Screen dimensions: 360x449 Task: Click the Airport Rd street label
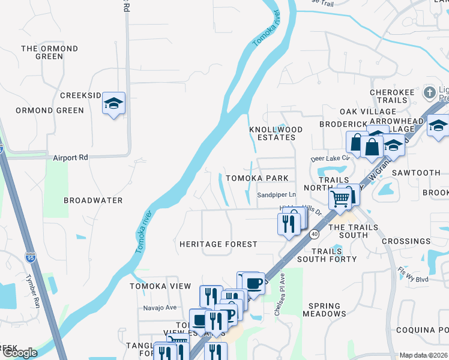tap(70, 158)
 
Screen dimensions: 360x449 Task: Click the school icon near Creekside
tap(113, 103)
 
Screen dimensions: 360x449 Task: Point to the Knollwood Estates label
tap(273, 133)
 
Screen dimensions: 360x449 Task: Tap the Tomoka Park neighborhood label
tap(257, 178)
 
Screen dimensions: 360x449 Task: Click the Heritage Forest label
tap(218, 244)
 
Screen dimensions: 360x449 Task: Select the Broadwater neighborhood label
tap(93, 200)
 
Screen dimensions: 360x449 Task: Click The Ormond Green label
tap(49, 52)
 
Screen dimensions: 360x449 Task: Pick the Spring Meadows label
tap(327, 310)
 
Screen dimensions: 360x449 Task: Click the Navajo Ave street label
tap(160, 308)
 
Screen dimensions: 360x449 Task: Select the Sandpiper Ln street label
tap(277, 195)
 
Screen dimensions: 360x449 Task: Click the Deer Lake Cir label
tap(330, 158)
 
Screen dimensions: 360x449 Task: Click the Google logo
tap(20, 353)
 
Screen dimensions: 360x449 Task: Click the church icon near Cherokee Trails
tap(429, 92)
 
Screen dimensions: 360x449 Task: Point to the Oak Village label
tap(368, 112)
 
